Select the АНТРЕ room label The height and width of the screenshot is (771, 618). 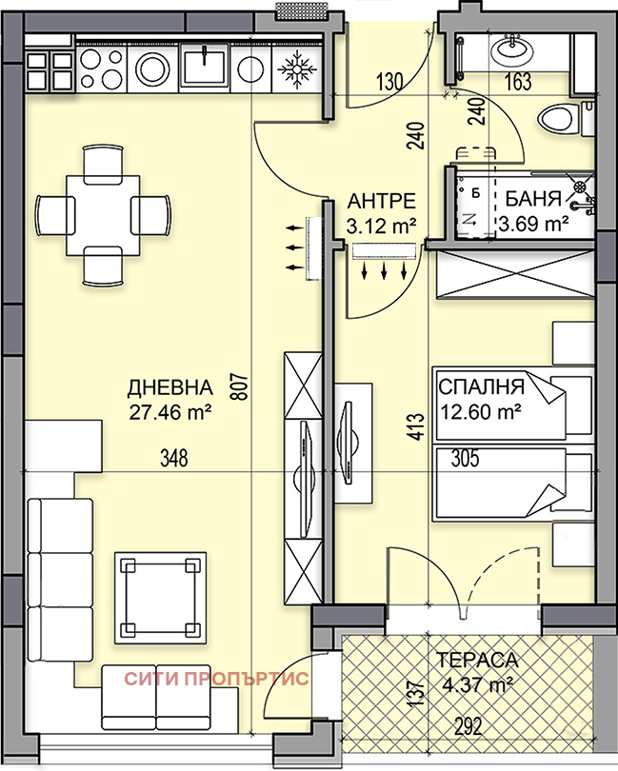point(382,201)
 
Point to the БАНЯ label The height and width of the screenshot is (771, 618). point(532,201)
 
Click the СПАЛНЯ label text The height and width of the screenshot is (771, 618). point(481,387)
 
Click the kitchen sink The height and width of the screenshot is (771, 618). point(202,67)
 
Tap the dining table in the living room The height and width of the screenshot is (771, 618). point(103,214)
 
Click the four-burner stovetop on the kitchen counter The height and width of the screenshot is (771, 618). point(102,68)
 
